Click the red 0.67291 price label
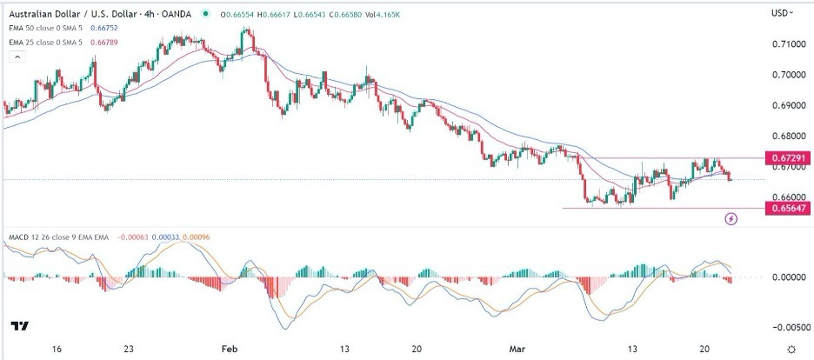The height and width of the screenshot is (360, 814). click(787, 158)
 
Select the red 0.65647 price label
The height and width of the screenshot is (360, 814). click(787, 208)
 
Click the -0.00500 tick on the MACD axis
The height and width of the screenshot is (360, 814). click(785, 328)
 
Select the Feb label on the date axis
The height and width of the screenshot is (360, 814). click(230, 349)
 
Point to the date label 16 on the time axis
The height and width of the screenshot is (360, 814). click(57, 349)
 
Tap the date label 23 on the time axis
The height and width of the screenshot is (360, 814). click(128, 349)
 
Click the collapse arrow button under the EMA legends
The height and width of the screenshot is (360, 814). click(15, 57)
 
